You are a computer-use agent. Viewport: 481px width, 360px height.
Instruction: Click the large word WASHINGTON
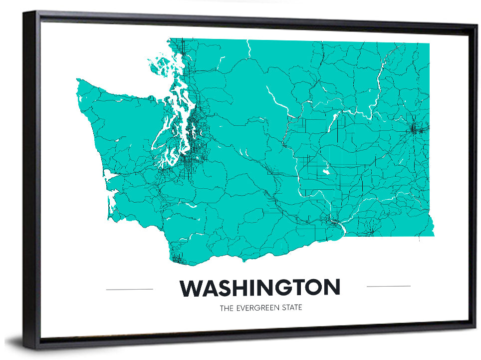point(259,288)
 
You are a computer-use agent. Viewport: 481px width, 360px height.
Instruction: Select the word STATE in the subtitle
point(292,308)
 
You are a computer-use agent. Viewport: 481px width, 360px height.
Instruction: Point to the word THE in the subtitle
point(226,308)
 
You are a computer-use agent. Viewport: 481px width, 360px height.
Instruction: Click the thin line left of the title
point(130,289)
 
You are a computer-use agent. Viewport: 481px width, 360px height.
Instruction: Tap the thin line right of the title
point(388,286)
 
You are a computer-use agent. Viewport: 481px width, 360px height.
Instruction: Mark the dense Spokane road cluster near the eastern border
point(415,129)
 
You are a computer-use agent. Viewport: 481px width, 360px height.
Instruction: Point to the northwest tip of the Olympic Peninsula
point(78,81)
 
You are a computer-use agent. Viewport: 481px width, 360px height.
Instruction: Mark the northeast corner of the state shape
point(429,44)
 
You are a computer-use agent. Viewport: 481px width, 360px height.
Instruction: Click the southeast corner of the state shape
point(433,235)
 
